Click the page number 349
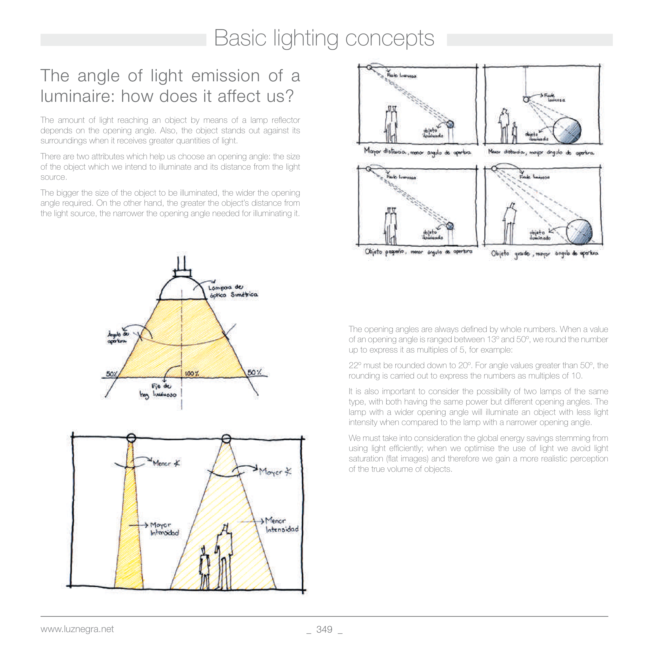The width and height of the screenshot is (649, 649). [x=324, y=630]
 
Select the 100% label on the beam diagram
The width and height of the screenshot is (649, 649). [x=192, y=374]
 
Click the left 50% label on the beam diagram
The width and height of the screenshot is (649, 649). [x=111, y=374]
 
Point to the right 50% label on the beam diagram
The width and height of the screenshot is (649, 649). [x=255, y=373]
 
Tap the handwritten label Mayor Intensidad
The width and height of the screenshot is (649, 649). [x=164, y=529]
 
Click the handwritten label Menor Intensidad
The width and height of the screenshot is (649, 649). [x=282, y=525]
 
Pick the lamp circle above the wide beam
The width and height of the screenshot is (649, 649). [x=226, y=438]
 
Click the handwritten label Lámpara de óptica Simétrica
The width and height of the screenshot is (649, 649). [x=233, y=291]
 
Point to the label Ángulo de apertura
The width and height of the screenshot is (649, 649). [x=118, y=337]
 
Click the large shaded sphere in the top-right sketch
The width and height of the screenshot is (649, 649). [x=567, y=130]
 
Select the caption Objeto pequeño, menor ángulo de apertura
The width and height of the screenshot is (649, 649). [x=418, y=252]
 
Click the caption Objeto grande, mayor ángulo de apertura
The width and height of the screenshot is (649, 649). [x=544, y=254]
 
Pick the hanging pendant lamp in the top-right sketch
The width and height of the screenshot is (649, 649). [x=526, y=99]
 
